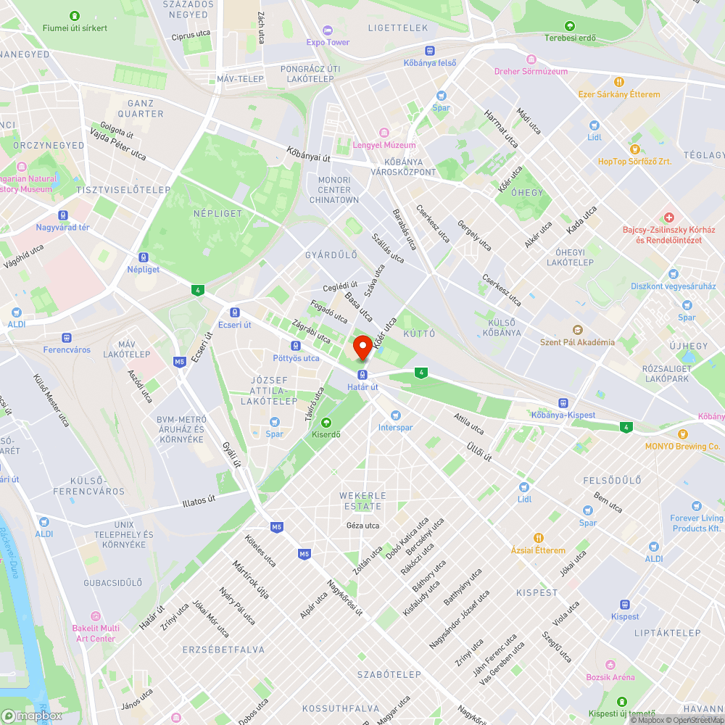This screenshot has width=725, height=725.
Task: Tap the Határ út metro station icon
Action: tap(362, 374)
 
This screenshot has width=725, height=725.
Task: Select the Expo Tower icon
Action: tap(327, 30)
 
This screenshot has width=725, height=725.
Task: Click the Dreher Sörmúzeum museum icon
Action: tap(531, 59)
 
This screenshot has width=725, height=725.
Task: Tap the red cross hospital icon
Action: tap(668, 217)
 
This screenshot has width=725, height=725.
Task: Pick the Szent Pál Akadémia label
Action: tap(577, 342)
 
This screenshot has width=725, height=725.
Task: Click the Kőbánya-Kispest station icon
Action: tap(563, 402)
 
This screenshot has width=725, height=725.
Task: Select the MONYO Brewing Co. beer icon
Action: tap(682, 434)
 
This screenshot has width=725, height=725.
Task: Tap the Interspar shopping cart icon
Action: tap(395, 415)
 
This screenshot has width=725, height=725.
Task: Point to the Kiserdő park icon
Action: tap(326, 422)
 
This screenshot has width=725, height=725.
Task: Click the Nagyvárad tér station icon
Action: tap(63, 215)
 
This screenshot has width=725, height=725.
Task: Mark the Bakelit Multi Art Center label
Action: tap(95, 633)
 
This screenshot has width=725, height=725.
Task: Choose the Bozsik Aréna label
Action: tap(610, 677)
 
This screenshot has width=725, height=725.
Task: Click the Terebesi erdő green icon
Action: tap(569, 25)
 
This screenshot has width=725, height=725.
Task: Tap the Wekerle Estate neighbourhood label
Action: tap(361, 500)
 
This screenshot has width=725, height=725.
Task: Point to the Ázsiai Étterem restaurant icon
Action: tap(538, 538)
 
